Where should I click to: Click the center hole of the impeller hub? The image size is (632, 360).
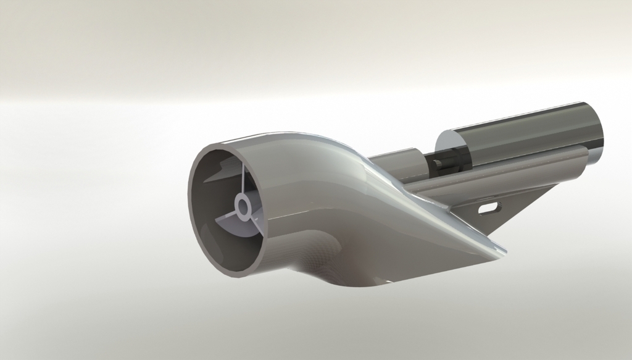pyautogui.click(x=243, y=206)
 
